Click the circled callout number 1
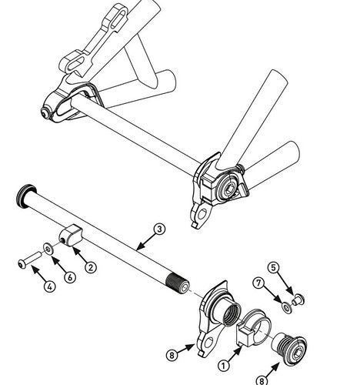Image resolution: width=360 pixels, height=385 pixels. coord(223,365)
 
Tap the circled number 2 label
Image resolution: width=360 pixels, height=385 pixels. coord(91,267)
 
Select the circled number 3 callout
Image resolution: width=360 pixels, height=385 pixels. coord(159,229)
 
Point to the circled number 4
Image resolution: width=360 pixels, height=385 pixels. coord(50,286)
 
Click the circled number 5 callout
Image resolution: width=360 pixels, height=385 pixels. coord(273,267)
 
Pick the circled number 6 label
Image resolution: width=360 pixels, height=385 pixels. coord(70,276)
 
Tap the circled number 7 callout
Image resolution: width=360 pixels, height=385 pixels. coord(258,283)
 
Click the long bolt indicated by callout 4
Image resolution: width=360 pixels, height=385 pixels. coord(30,259)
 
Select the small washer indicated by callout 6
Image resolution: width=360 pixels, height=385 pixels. coord(48,248)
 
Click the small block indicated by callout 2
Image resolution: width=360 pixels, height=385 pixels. coord(72,235)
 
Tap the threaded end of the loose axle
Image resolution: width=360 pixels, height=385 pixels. coord(178,283)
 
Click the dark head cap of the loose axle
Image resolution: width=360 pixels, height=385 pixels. coord(25,195)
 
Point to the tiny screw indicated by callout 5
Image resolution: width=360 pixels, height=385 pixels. coord(298,300)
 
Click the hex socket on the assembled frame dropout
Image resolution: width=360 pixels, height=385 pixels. coord(229,190)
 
